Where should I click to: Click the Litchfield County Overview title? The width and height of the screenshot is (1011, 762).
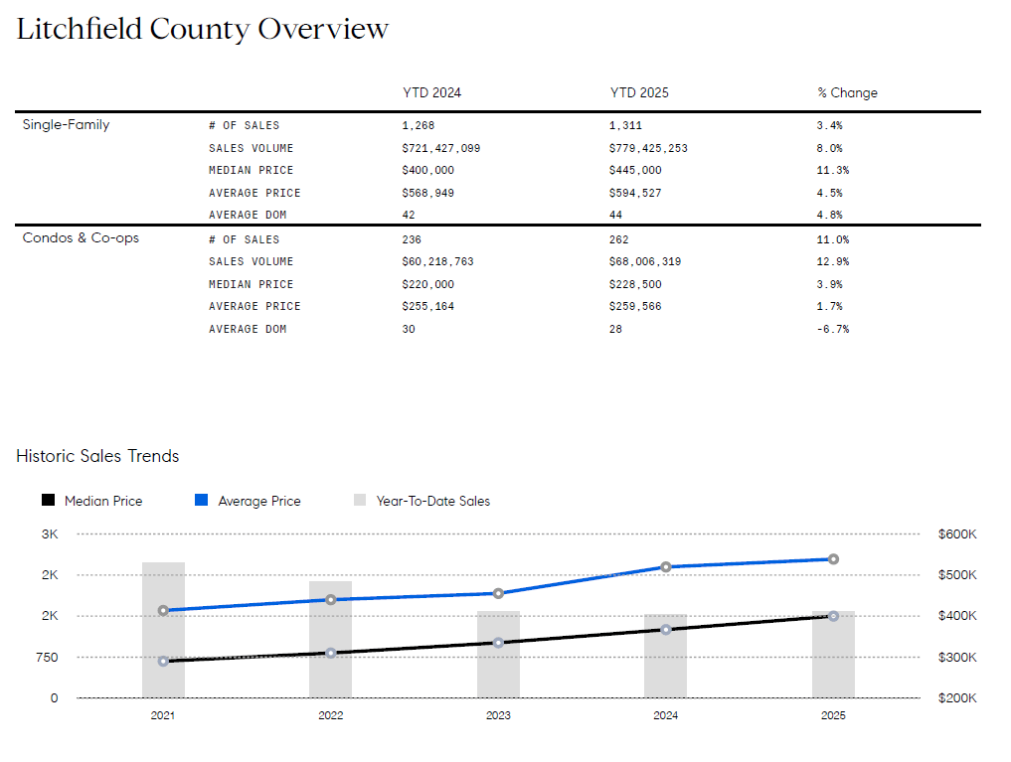tap(202, 29)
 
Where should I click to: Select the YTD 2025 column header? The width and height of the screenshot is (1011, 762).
tap(639, 92)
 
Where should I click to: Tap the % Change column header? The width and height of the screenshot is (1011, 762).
tap(847, 92)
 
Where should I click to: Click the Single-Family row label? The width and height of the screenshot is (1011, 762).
tap(66, 125)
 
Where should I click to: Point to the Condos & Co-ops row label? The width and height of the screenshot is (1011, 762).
tap(81, 238)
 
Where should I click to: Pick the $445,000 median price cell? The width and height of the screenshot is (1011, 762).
tap(635, 170)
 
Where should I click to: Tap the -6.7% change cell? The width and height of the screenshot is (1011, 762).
tap(832, 329)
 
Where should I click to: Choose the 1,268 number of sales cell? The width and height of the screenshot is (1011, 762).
tap(419, 125)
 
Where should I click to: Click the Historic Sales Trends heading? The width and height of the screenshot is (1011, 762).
tap(97, 456)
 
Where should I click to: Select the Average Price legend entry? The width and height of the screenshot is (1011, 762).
tap(258, 501)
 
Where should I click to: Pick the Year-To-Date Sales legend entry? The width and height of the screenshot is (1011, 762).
tap(432, 501)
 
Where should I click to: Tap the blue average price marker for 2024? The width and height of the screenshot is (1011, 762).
tap(666, 566)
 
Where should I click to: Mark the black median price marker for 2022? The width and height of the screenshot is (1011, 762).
tap(330, 653)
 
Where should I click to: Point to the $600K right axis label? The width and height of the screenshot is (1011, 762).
tap(956, 534)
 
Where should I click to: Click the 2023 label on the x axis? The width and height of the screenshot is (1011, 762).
tap(498, 715)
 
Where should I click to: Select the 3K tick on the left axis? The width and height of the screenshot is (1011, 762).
tap(50, 534)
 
